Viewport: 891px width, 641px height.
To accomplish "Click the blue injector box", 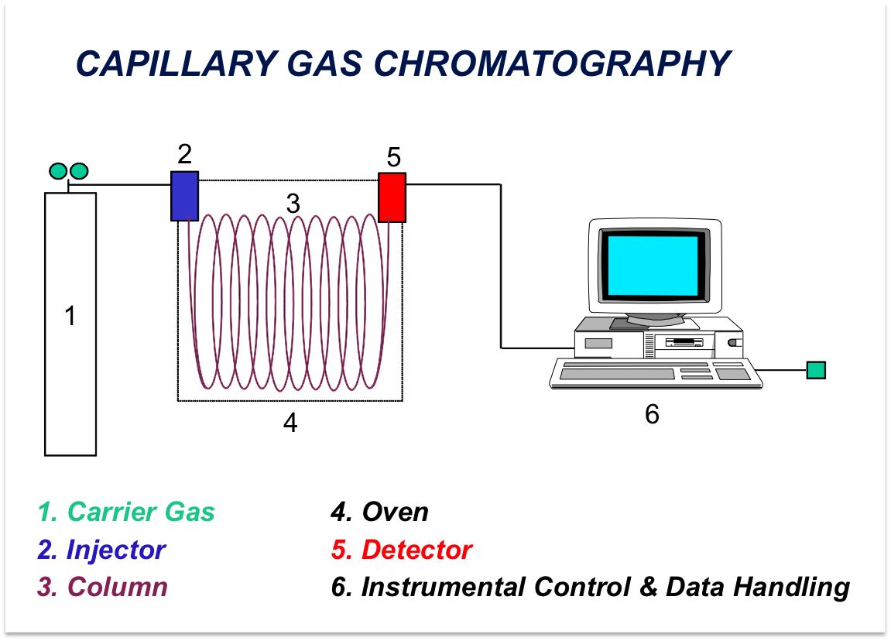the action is click(x=185, y=196).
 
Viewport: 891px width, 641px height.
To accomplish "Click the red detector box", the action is click(x=392, y=197).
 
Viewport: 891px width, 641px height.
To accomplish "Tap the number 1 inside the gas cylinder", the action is click(x=70, y=316).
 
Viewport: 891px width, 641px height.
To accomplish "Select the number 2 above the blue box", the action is click(x=185, y=154).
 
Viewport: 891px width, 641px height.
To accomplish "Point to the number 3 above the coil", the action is click(x=293, y=204).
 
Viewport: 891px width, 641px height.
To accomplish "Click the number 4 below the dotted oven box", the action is click(x=290, y=423).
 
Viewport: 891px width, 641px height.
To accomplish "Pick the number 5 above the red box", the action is click(x=394, y=157).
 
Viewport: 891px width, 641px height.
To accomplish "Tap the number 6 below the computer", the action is click(x=653, y=414).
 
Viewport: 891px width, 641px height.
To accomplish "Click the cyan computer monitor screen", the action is click(x=653, y=266).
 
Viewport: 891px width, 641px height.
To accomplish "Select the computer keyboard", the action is click(x=656, y=373).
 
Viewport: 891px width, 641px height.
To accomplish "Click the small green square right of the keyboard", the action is click(x=816, y=370).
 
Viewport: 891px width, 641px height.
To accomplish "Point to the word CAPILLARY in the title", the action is click(x=176, y=63).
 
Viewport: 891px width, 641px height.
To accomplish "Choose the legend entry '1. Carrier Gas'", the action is click(x=126, y=512).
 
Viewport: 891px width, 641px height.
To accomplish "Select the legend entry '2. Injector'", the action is click(x=101, y=550).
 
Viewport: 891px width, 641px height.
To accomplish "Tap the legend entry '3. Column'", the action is click(x=103, y=587).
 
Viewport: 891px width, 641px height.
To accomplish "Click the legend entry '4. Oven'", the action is click(x=379, y=512).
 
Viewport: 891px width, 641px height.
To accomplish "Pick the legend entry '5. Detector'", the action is click(x=402, y=550).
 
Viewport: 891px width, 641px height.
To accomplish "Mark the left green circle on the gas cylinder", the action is click(x=59, y=170).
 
